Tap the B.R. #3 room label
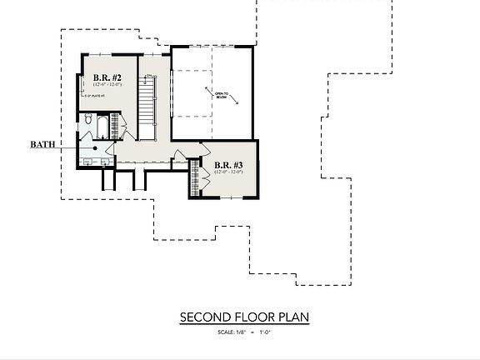point(227,165)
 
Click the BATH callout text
point(43,144)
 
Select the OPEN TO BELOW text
point(222,95)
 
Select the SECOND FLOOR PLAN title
point(237,317)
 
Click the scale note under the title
point(237,332)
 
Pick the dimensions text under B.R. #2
point(107,83)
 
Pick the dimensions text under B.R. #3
point(227,172)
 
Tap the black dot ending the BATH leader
point(95,148)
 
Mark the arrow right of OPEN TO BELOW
point(237,100)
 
